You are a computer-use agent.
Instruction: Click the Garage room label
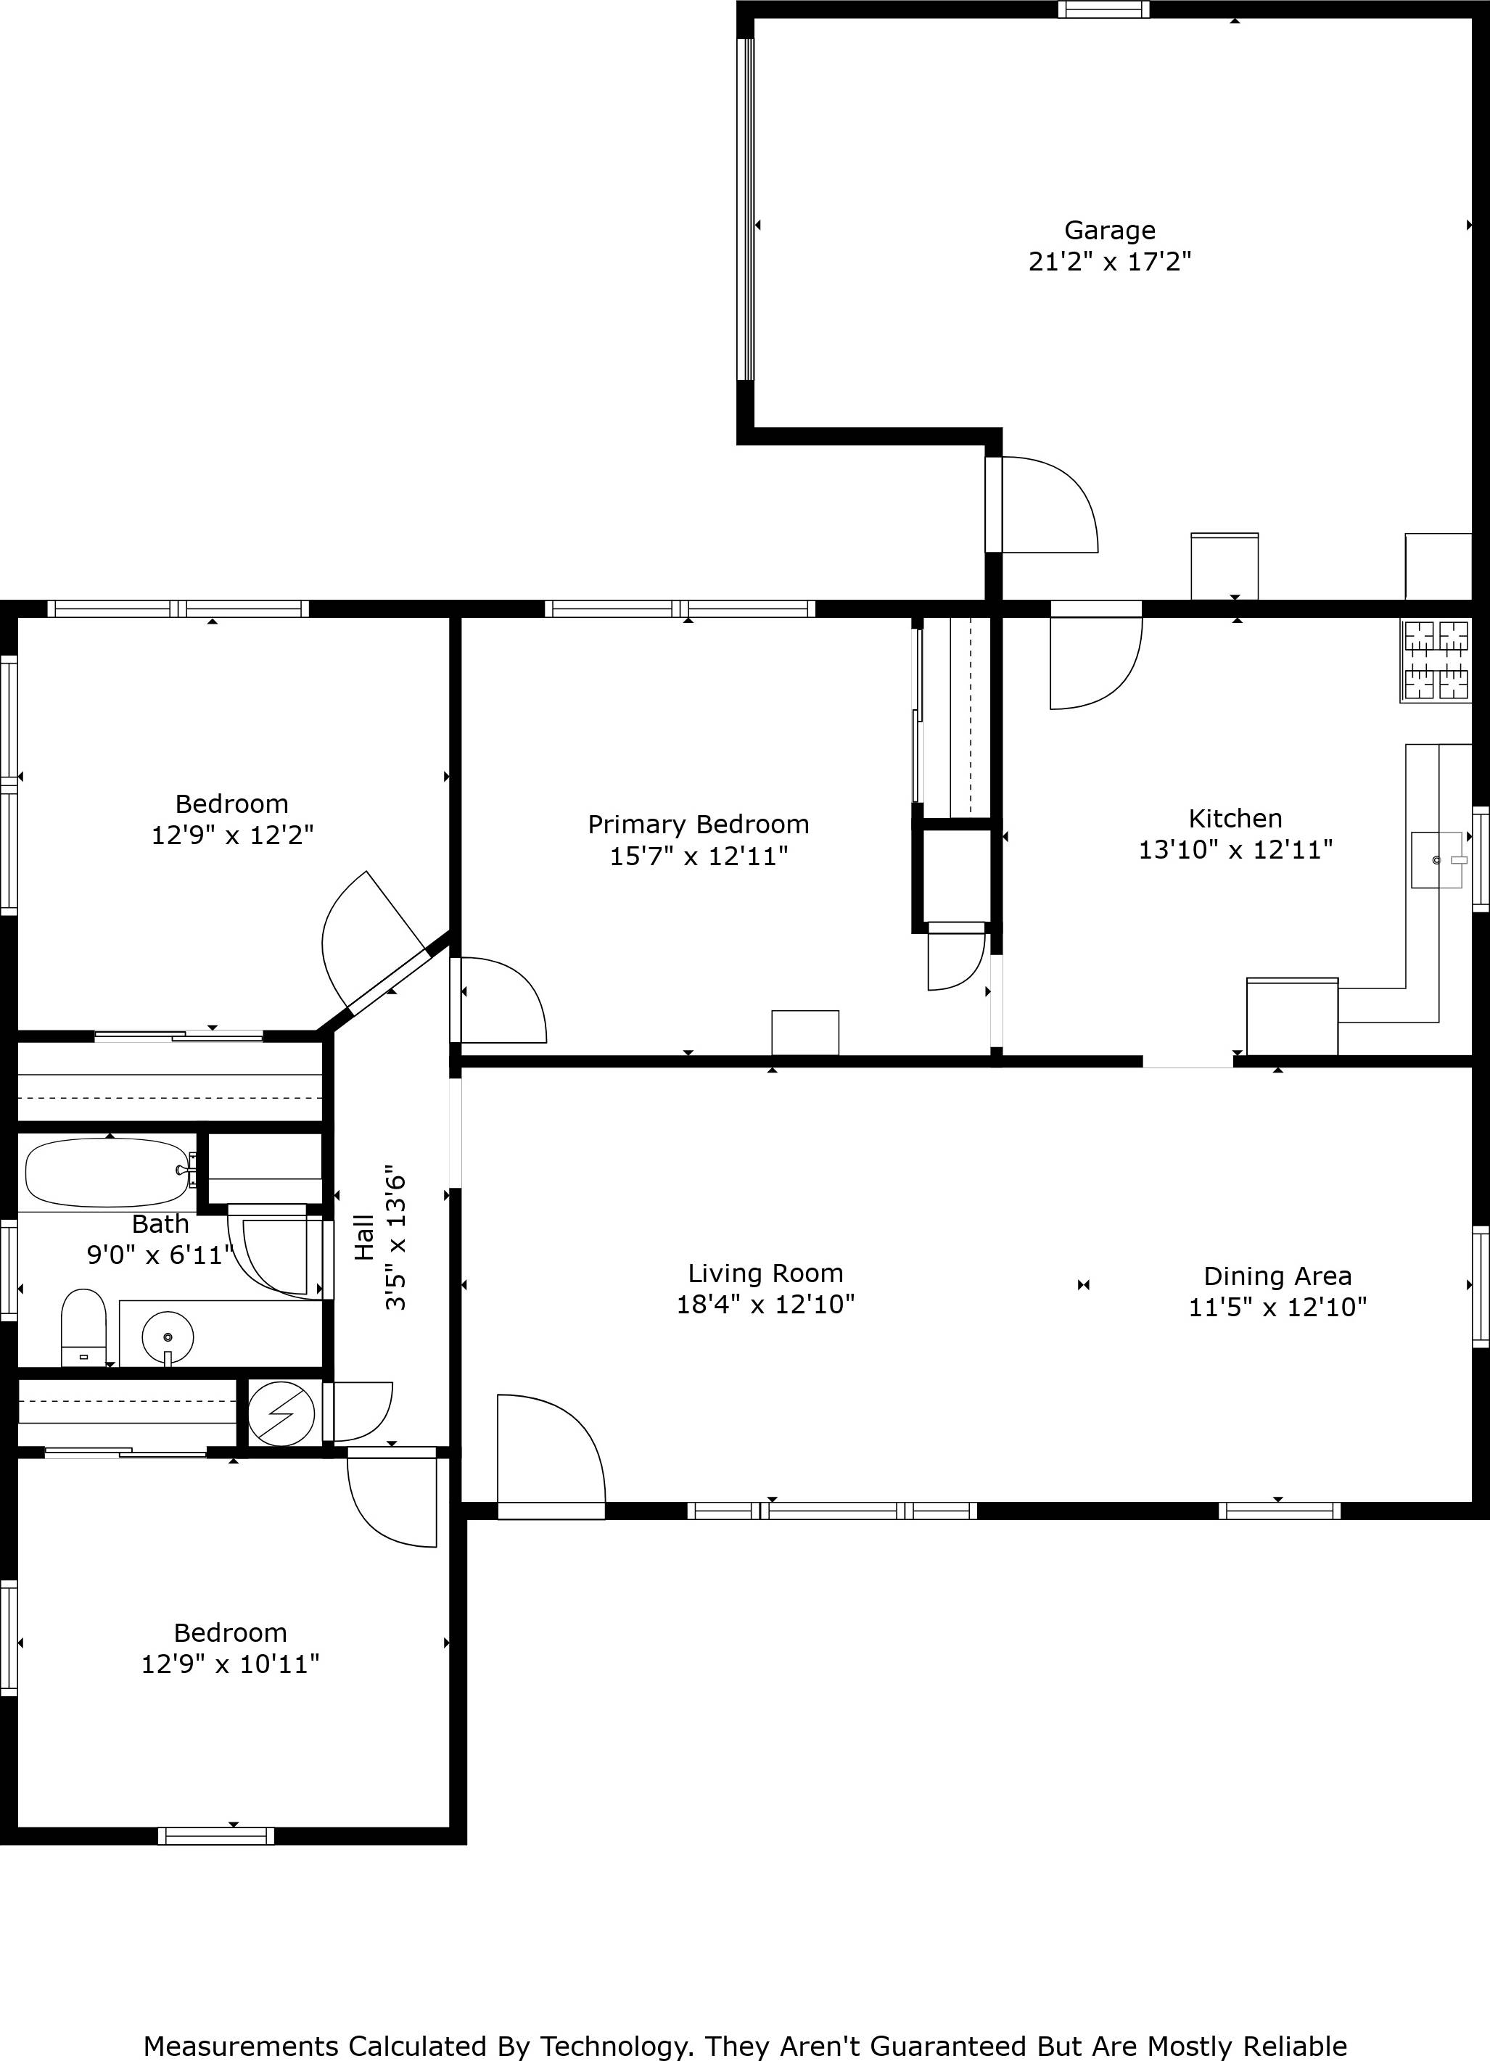[1109, 231]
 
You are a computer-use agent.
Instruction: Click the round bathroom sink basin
[168, 1337]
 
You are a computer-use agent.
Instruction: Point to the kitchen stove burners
[1436, 661]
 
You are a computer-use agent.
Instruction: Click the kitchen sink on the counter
[1436, 859]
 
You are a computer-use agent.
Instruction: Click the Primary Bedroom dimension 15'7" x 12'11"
[698, 856]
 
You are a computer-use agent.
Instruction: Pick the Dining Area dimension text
[1277, 1307]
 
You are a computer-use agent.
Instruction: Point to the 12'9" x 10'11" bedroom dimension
[230, 1664]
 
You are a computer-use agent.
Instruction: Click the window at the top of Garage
[1103, 10]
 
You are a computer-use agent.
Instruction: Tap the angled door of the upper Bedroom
[373, 941]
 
